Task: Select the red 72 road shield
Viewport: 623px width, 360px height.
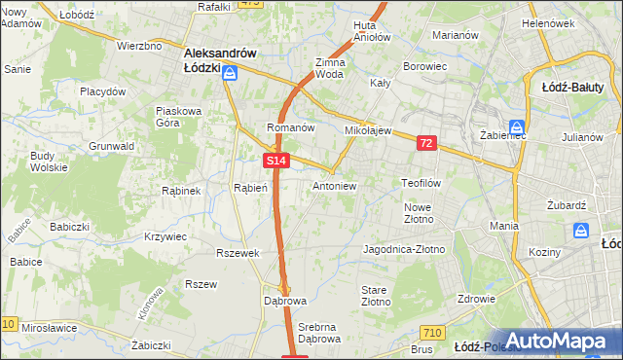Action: tap(426, 143)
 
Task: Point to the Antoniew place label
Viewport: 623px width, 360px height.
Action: tap(334, 186)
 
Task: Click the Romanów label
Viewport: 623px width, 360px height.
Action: tap(290, 127)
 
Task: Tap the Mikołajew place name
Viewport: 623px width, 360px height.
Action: tap(367, 129)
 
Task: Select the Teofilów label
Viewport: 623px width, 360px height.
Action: tap(421, 182)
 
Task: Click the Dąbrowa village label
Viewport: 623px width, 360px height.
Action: tap(284, 301)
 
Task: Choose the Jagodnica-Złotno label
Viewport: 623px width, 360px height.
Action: tap(403, 249)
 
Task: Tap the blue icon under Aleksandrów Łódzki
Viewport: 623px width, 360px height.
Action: tap(231, 73)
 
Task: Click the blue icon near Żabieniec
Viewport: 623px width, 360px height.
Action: tap(517, 126)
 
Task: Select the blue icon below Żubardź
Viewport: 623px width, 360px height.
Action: tap(581, 231)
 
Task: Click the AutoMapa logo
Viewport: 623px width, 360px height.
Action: tap(558, 340)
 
